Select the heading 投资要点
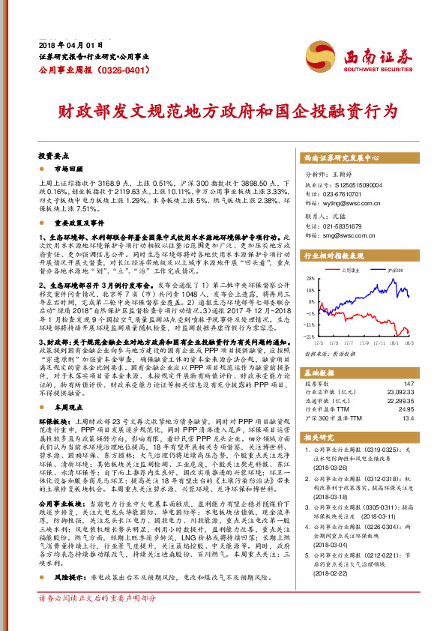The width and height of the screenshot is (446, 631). click(x=53, y=157)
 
